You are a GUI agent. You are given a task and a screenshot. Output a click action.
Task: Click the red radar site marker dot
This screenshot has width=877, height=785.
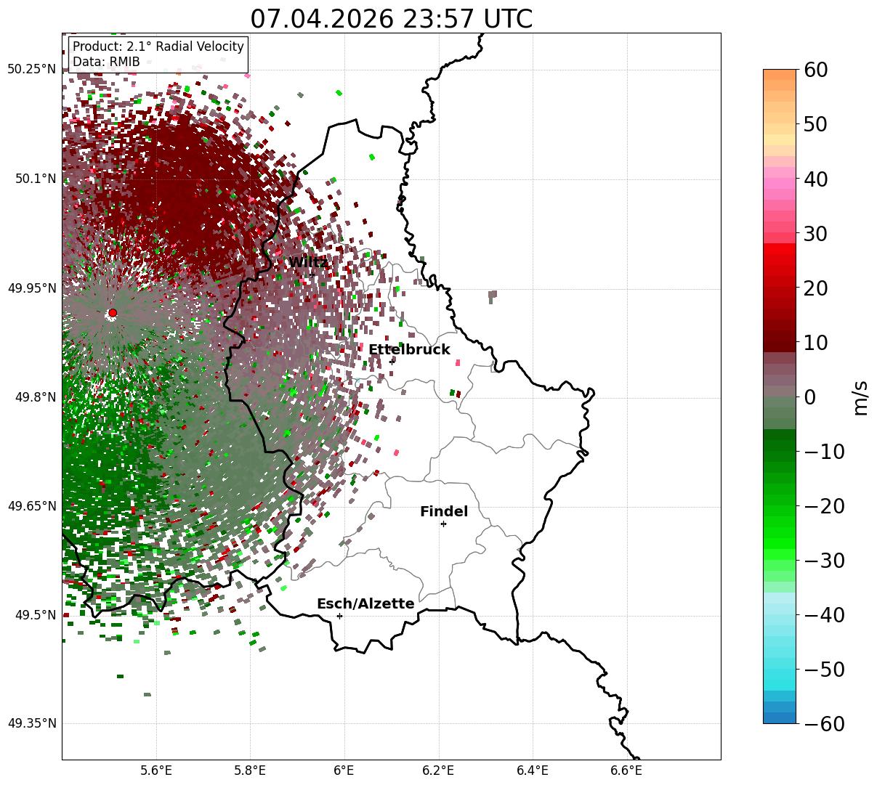tap(113, 313)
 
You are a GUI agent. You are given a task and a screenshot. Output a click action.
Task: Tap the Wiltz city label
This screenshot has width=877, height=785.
tap(308, 262)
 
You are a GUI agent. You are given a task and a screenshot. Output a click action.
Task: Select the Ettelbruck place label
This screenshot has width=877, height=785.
tap(409, 349)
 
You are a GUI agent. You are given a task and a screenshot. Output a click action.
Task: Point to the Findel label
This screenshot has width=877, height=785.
tap(444, 511)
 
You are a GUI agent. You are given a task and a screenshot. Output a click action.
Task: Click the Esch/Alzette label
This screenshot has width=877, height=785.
tap(365, 603)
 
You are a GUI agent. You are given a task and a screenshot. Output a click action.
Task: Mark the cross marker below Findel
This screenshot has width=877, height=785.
tap(443, 524)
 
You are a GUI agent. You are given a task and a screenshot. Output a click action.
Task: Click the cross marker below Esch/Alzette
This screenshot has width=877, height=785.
tap(339, 616)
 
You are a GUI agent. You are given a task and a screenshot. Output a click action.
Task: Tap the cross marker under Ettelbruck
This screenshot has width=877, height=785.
tap(392, 362)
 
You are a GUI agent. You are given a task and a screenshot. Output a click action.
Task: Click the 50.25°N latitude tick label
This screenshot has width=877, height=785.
tap(32, 69)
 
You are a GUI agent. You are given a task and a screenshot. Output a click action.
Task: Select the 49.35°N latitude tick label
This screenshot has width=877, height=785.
tap(32, 723)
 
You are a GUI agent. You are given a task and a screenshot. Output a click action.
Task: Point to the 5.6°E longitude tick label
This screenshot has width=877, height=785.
tap(156, 770)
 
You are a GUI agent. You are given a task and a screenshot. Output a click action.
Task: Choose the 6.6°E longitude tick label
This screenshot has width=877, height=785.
tap(626, 770)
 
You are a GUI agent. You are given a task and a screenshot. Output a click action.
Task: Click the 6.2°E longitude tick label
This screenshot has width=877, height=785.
tap(438, 770)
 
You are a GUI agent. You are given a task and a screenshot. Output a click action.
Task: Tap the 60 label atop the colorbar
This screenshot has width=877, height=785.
tap(816, 70)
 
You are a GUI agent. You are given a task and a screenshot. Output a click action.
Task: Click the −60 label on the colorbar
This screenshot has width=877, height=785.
tap(825, 723)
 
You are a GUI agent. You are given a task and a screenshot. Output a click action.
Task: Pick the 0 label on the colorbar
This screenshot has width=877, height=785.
tap(810, 396)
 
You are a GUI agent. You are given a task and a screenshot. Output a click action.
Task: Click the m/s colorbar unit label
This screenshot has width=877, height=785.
tap(861, 398)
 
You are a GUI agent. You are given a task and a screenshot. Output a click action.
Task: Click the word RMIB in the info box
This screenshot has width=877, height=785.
tap(125, 62)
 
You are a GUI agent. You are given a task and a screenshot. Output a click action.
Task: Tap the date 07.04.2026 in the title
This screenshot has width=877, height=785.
tap(322, 19)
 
